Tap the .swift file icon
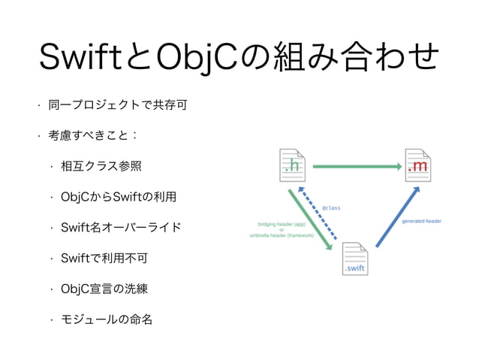(x=354, y=259)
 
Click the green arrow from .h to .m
(x=354, y=165)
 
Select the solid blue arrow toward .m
(x=396, y=217)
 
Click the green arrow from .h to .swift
(x=308, y=221)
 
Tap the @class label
(x=330, y=207)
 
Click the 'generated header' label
(x=421, y=221)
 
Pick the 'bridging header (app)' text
(x=282, y=224)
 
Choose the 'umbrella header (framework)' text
(x=282, y=235)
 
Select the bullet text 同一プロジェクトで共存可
(x=117, y=104)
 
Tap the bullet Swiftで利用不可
(x=104, y=258)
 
